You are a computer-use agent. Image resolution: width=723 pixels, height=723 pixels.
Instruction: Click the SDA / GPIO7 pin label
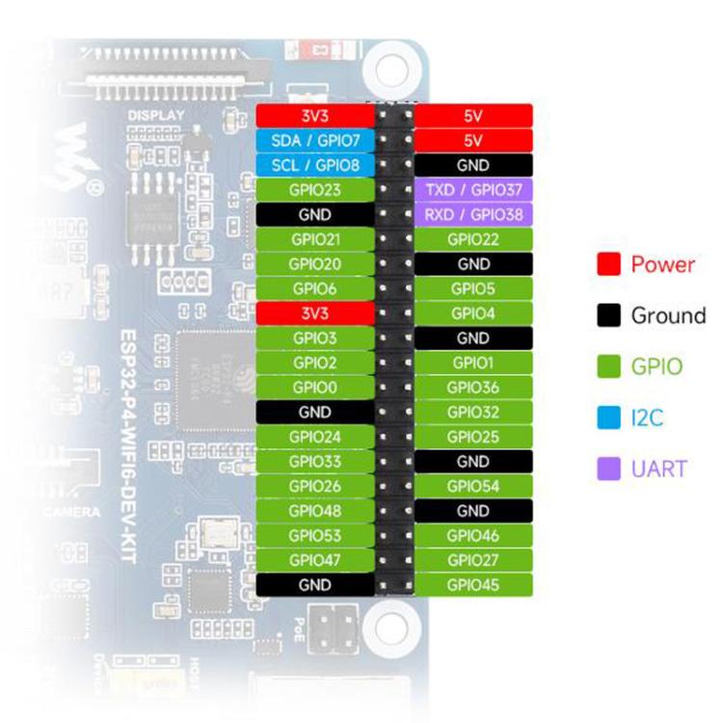pyautogui.click(x=315, y=141)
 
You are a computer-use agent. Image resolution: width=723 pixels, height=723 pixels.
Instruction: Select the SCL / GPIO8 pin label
pyautogui.click(x=315, y=165)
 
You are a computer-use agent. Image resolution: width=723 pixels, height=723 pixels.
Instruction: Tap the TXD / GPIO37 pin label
pyautogui.click(x=473, y=190)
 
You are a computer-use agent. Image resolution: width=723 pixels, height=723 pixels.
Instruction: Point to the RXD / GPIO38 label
pyautogui.click(x=473, y=214)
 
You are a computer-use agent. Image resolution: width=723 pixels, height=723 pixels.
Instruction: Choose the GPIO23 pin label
pyautogui.click(x=315, y=190)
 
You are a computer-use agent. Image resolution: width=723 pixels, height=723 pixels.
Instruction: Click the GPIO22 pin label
pyautogui.click(x=473, y=239)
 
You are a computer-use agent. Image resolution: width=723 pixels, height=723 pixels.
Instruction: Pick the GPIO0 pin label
pyautogui.click(x=315, y=388)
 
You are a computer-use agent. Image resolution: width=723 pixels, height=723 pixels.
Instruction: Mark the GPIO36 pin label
pyautogui.click(x=473, y=388)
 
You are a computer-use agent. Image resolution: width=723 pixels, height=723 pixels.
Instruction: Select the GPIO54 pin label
pyautogui.click(x=473, y=486)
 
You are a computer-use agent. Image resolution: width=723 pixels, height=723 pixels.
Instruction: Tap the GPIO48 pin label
pyautogui.click(x=315, y=511)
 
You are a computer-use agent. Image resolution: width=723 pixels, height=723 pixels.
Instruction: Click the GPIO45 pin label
pyautogui.click(x=473, y=584)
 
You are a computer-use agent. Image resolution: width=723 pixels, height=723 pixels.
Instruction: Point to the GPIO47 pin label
pyautogui.click(x=315, y=560)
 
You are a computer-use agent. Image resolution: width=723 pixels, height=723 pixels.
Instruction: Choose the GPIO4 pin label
pyautogui.click(x=473, y=313)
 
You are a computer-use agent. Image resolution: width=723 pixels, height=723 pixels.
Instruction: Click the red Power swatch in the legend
pyautogui.click(x=607, y=264)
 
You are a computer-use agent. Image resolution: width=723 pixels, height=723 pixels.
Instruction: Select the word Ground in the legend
pyautogui.click(x=668, y=315)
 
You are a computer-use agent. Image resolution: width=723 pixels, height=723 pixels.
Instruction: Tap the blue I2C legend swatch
pyautogui.click(x=607, y=418)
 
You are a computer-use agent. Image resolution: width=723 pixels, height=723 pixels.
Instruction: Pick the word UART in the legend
pyautogui.click(x=659, y=469)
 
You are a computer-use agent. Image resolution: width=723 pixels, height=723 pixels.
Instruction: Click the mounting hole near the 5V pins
pyautogui.click(x=390, y=68)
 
